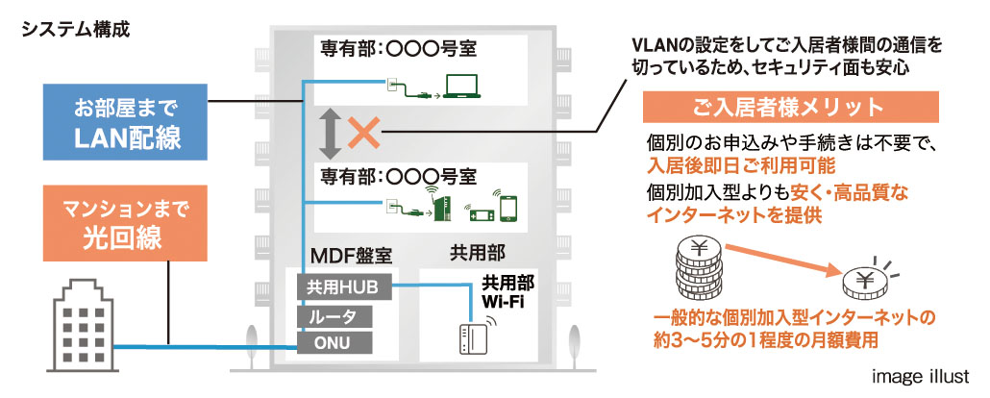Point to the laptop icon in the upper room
click(459, 87)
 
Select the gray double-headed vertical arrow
click(331, 132)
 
